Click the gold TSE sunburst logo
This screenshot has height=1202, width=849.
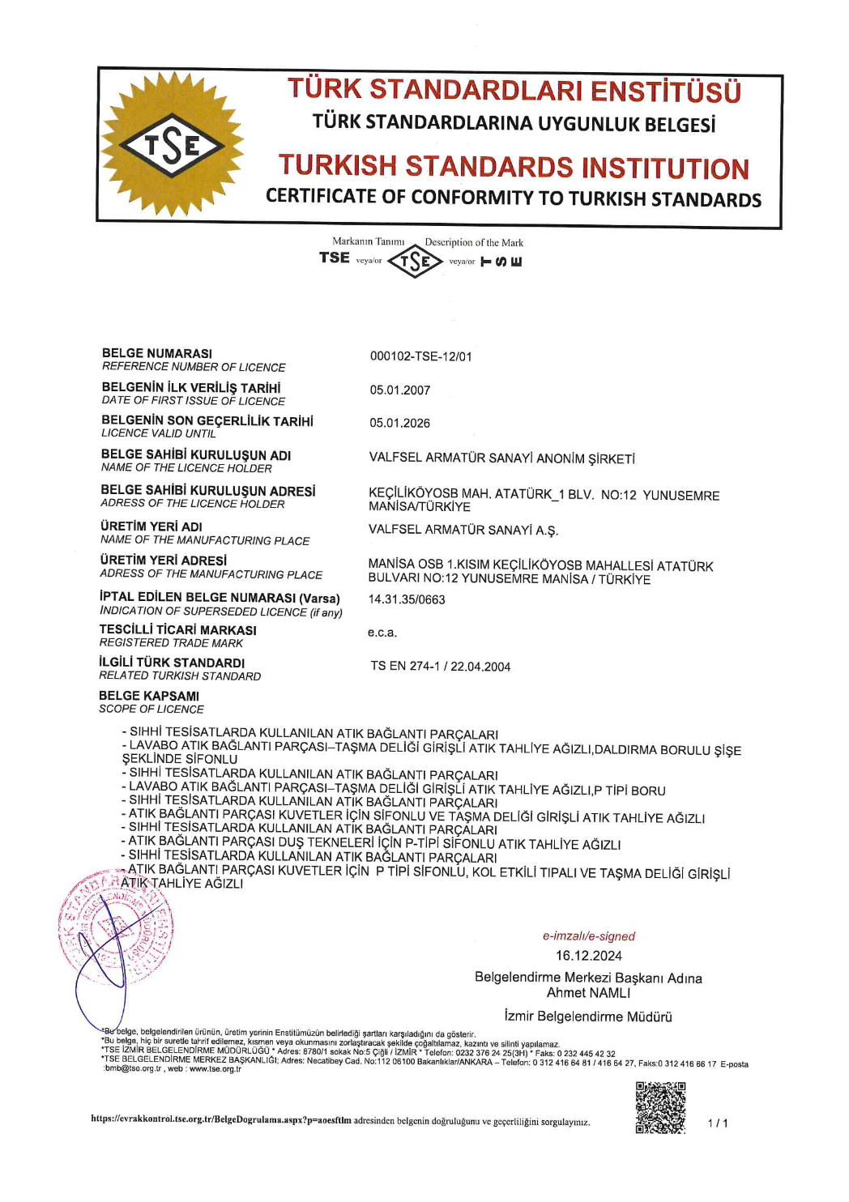(173, 145)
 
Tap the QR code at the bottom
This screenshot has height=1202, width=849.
(660, 1107)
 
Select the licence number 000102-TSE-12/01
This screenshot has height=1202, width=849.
(420, 356)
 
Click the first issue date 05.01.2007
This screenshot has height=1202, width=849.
(400, 390)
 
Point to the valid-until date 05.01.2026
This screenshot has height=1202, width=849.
(400, 424)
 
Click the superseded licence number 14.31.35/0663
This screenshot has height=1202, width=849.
(407, 600)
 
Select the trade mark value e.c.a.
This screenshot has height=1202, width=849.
(382, 633)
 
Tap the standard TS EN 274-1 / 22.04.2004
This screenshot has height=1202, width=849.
(441, 667)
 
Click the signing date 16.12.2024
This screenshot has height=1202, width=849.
(589, 956)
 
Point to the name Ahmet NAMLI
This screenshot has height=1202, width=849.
(588, 993)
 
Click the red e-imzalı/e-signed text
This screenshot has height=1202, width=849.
(589, 936)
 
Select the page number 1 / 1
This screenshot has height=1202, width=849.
(718, 1123)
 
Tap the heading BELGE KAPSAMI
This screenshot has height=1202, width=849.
(149, 696)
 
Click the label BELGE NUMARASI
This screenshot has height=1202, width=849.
(157, 353)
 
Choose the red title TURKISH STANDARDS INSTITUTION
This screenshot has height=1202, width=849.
(514, 167)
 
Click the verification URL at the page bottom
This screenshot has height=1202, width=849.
(221, 1120)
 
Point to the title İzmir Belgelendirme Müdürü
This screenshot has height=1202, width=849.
(588, 1017)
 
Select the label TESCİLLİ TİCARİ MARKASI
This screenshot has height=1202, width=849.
(178, 630)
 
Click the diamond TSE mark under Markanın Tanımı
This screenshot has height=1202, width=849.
(415, 262)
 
